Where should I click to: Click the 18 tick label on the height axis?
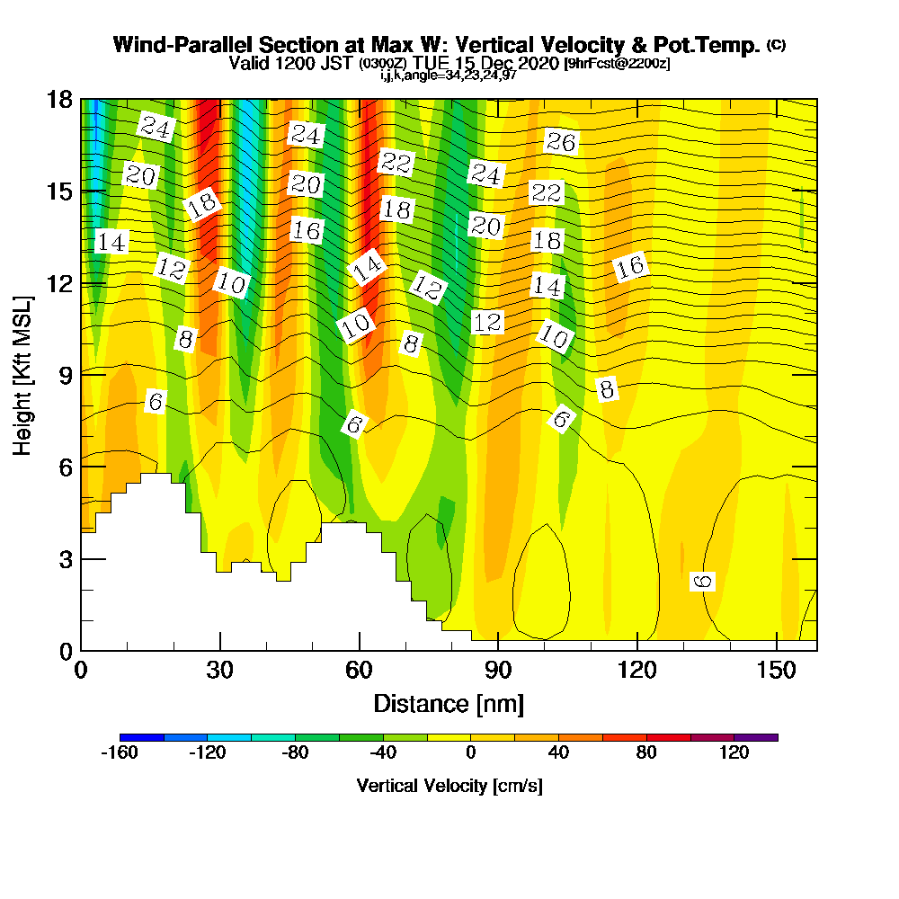pyautogui.click(x=59, y=99)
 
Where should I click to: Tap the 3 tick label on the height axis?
pyautogui.click(x=65, y=558)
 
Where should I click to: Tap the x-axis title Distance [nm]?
pyautogui.click(x=449, y=703)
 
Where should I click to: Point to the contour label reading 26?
pyautogui.click(x=561, y=141)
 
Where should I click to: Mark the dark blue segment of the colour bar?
pyautogui.click(x=141, y=737)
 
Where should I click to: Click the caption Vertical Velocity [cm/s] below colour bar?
pyautogui.click(x=449, y=786)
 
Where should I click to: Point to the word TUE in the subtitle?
pyautogui.click(x=431, y=64)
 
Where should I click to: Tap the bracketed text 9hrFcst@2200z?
pyautogui.click(x=616, y=64)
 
